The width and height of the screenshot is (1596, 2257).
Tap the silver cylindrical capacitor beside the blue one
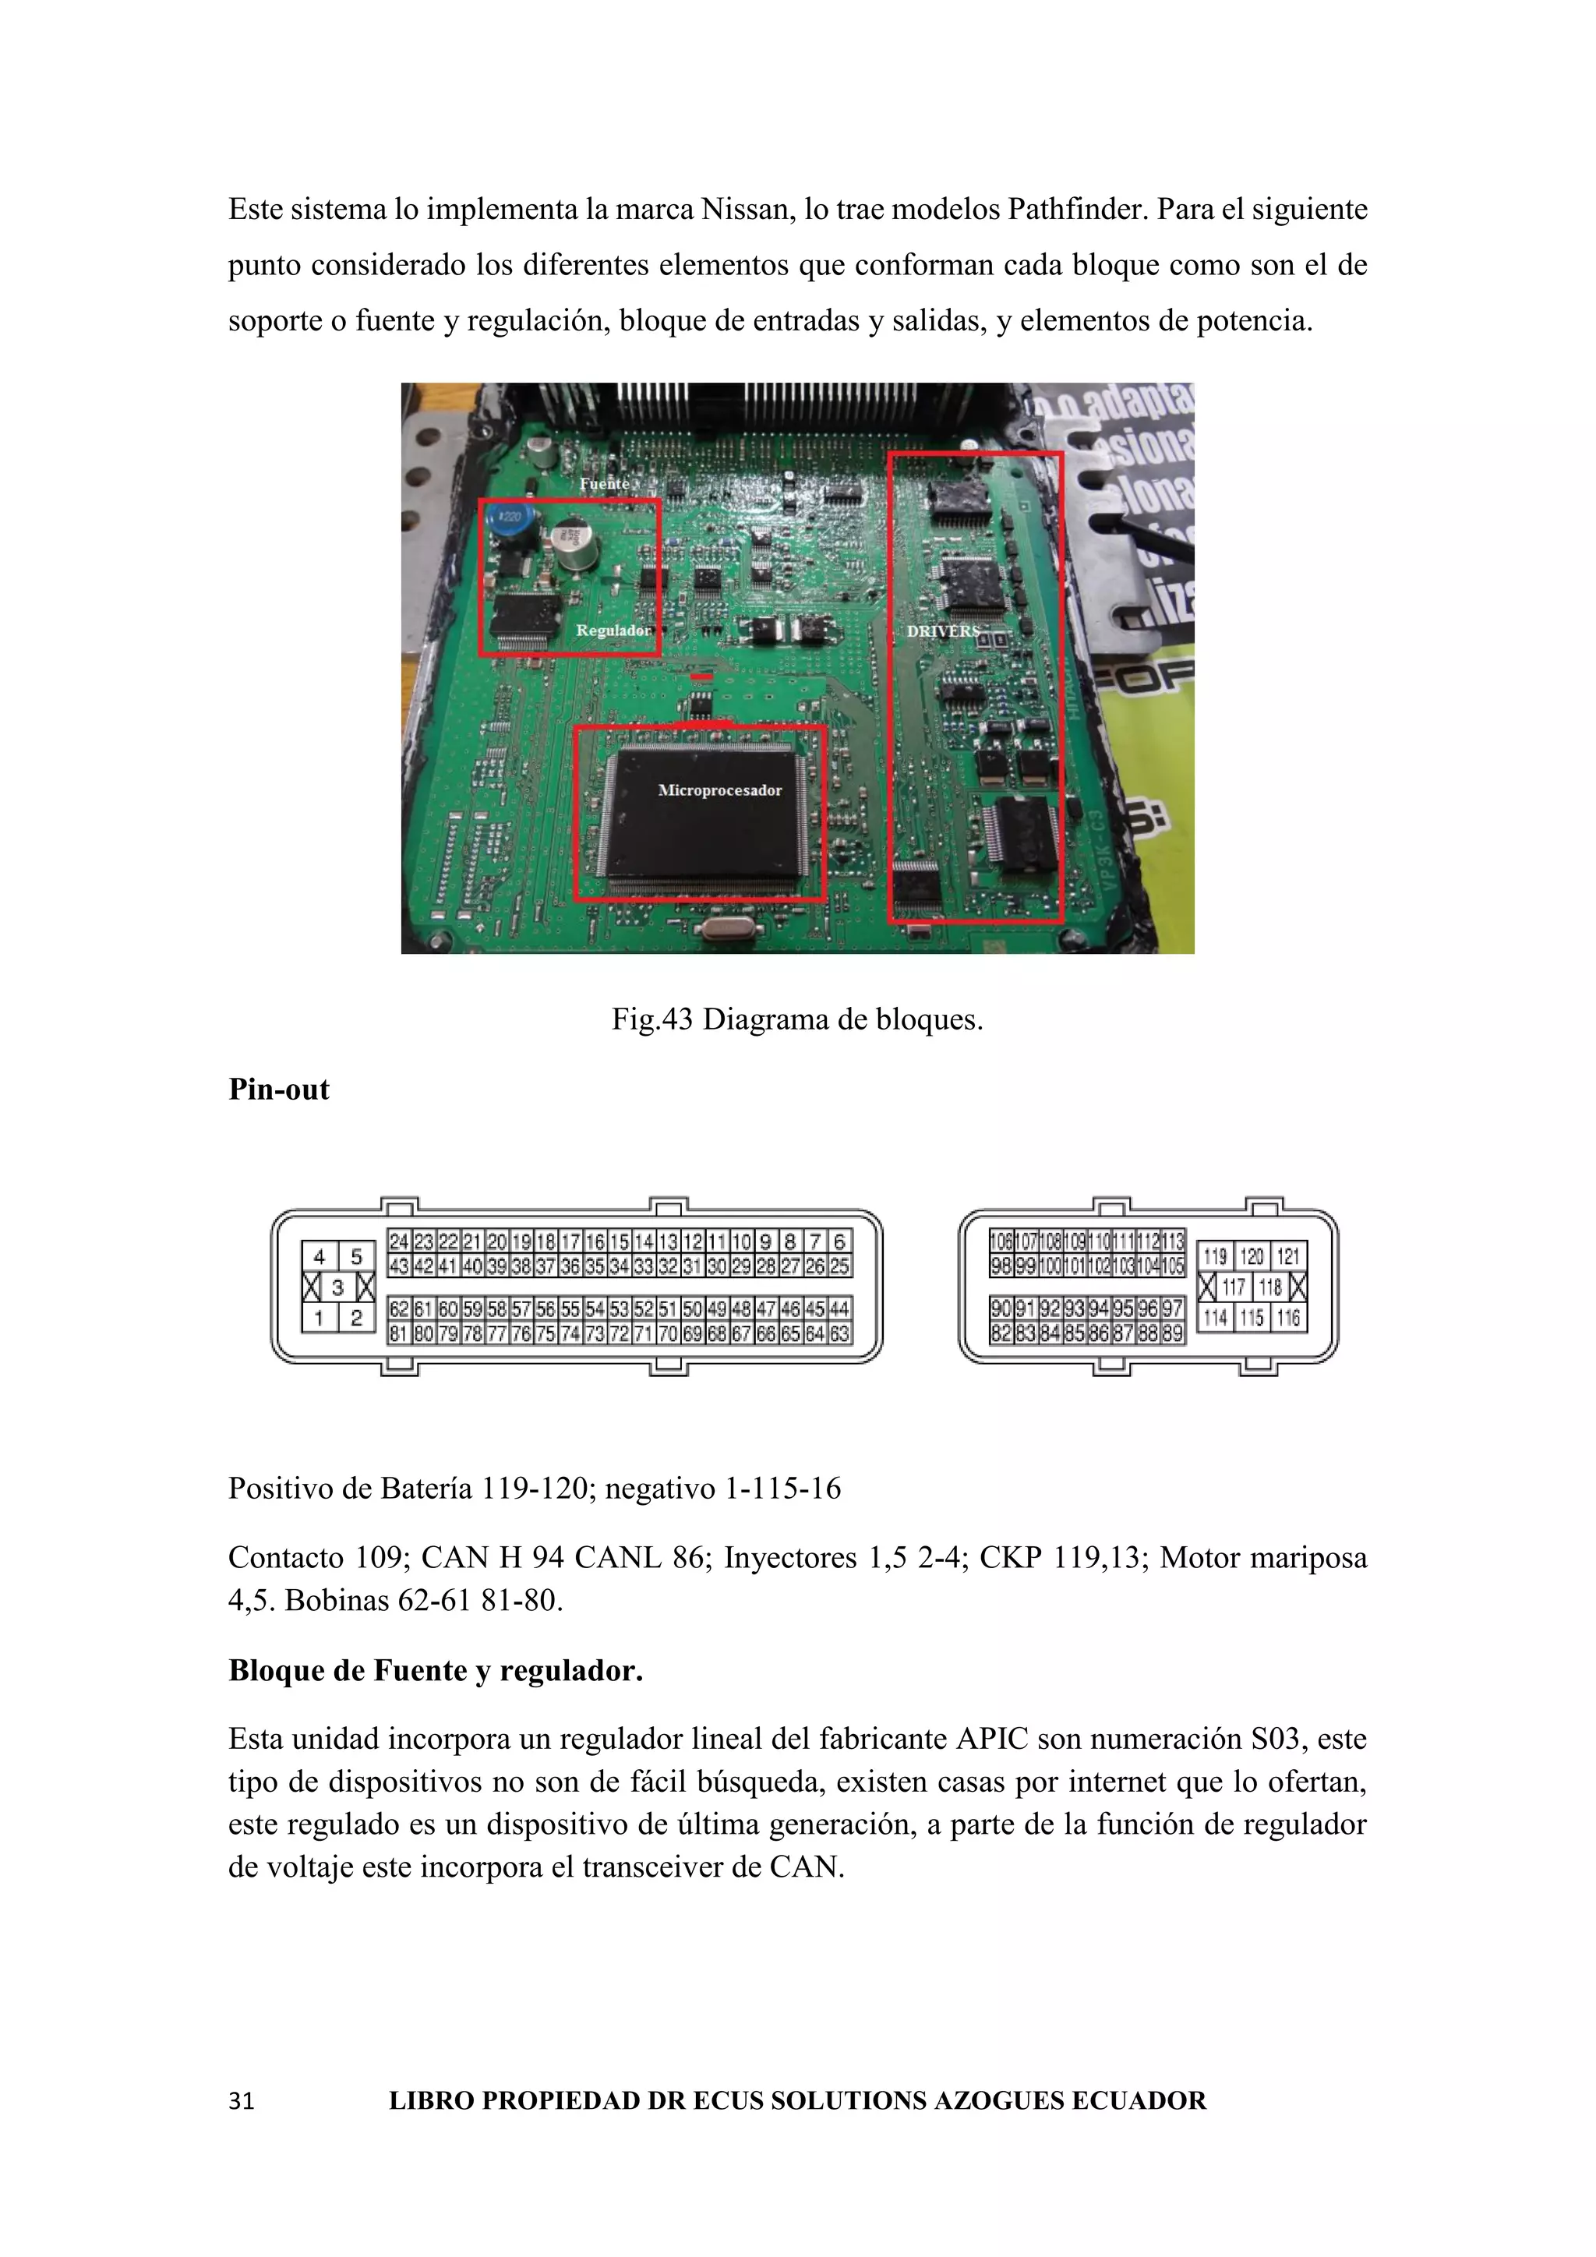pyautogui.click(x=574, y=544)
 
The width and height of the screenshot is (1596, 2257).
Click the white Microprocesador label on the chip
pyautogui.click(x=719, y=790)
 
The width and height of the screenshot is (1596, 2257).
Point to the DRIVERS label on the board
pyautogui.click(x=942, y=631)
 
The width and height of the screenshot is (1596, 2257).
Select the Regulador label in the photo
pyautogui.click(x=613, y=630)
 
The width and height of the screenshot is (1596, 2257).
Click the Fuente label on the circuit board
pyautogui.click(x=603, y=484)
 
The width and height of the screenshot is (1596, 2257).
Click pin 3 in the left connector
pyautogui.click(x=337, y=1287)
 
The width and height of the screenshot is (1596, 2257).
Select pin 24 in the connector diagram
pyautogui.click(x=399, y=1242)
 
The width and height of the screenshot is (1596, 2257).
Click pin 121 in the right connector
pyautogui.click(x=1287, y=1256)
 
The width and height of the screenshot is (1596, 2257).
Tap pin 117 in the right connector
pyautogui.click(x=1234, y=1287)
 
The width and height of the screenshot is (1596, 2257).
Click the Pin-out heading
pyautogui.click(x=279, y=1090)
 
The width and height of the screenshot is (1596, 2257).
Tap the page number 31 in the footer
pyautogui.click(x=241, y=2100)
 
